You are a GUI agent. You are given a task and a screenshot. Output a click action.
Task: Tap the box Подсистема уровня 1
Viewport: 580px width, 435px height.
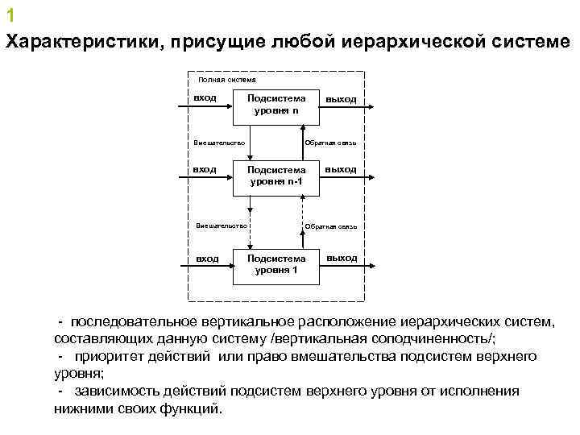tap(276, 265)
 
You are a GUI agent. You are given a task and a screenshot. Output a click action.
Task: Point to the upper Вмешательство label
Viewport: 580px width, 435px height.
tap(219, 142)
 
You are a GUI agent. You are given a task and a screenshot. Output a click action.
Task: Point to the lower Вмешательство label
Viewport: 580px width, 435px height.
tap(222, 226)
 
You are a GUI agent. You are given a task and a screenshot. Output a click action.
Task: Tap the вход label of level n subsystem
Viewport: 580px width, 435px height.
tap(205, 97)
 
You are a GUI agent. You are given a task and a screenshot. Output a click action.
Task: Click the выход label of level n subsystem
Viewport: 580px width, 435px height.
tap(341, 99)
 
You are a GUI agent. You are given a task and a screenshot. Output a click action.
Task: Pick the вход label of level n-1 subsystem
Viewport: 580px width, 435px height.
tap(205, 169)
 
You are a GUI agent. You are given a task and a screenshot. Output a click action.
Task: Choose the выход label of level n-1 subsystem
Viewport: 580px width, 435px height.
tap(341, 169)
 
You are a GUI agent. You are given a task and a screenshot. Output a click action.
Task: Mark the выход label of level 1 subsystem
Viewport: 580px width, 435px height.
tap(342, 258)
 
